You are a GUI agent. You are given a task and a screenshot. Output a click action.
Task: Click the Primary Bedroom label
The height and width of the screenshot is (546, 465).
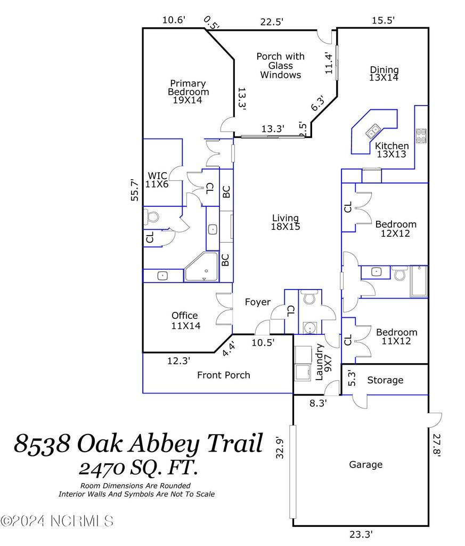188,91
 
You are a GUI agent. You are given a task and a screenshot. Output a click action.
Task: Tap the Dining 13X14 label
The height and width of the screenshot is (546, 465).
384,73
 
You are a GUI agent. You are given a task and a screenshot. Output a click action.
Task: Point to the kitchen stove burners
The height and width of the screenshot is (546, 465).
421,135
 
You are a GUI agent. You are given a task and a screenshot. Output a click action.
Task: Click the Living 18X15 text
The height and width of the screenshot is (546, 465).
285,222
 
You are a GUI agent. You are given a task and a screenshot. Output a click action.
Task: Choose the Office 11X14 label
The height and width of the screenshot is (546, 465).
185,320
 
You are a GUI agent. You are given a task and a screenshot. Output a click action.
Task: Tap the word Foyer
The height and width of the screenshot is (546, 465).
257,302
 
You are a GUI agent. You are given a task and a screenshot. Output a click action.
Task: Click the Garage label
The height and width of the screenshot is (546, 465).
365,464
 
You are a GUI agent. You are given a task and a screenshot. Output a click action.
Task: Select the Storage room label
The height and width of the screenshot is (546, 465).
385,380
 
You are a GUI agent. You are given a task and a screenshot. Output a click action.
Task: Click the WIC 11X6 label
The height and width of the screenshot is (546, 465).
158,180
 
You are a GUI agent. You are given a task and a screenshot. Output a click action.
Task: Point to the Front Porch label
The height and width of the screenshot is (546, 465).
223,375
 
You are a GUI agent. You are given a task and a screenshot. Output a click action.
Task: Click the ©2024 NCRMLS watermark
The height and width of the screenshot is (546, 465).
57,520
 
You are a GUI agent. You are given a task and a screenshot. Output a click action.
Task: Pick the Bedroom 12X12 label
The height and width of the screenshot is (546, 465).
395,228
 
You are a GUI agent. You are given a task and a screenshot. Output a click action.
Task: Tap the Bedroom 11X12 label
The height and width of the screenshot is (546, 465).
396,336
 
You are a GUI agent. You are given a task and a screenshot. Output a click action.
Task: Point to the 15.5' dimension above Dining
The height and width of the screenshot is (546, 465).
384,20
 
